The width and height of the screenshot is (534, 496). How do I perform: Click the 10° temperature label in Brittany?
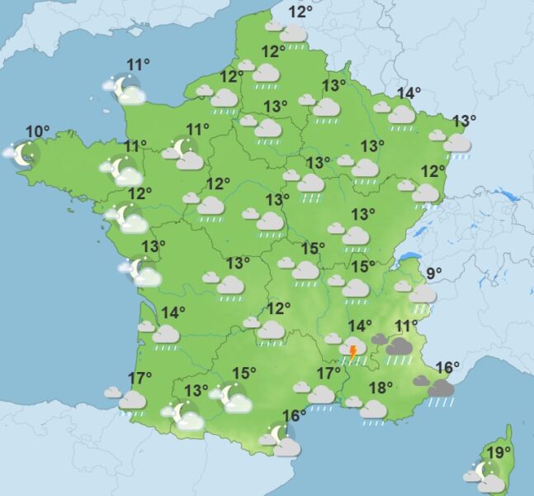(x=37, y=131)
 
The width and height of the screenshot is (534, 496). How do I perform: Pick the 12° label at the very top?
(x=300, y=12)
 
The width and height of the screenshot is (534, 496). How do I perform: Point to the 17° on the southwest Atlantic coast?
(x=139, y=379)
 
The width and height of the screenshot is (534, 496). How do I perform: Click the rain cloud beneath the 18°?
(x=372, y=409)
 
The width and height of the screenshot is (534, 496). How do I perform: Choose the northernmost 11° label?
(x=138, y=65)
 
